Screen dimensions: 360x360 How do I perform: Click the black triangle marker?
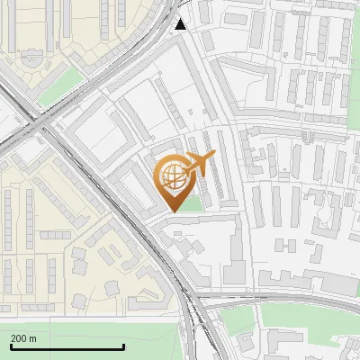pos(181,24)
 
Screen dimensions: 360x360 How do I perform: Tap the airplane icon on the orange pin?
pos(198,165)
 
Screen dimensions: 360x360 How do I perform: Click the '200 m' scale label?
pos(23,338)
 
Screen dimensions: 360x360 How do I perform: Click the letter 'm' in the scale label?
pos(32,338)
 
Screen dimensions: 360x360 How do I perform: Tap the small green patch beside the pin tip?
pos(190,205)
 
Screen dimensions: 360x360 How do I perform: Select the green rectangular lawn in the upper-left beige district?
pos(61,85)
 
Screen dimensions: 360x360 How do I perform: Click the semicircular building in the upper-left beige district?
pos(31,62)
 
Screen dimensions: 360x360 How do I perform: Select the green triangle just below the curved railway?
pos(239,320)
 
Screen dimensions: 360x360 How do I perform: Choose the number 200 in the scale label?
pos(18,338)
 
